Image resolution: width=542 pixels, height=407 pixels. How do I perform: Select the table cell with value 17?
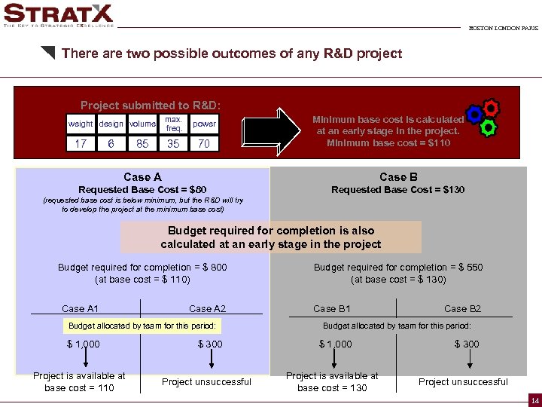pos(81,143)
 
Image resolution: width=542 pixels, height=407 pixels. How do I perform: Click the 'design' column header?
pos(111,124)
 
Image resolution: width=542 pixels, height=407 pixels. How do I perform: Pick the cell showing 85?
pos(142,143)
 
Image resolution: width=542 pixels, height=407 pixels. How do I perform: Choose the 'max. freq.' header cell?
pos(173,124)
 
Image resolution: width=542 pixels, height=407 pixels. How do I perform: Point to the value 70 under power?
pos(204,143)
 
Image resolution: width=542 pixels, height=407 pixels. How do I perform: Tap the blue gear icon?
pos(474,115)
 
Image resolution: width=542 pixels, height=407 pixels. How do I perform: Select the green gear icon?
pos(489,126)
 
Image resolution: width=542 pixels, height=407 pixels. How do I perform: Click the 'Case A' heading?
pos(142,177)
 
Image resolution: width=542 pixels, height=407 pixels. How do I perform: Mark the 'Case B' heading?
pos(398,177)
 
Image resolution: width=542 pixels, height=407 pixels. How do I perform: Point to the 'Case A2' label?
pos(207,308)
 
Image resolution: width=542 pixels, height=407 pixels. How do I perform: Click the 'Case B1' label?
pos(332,308)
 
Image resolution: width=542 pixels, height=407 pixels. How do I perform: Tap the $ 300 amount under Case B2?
pos(466,344)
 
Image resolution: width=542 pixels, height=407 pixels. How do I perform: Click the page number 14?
pos(534,399)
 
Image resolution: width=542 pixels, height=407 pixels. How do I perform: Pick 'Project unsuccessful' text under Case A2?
pos(206,382)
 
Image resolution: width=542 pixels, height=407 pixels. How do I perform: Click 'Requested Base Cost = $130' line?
pos(397,190)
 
